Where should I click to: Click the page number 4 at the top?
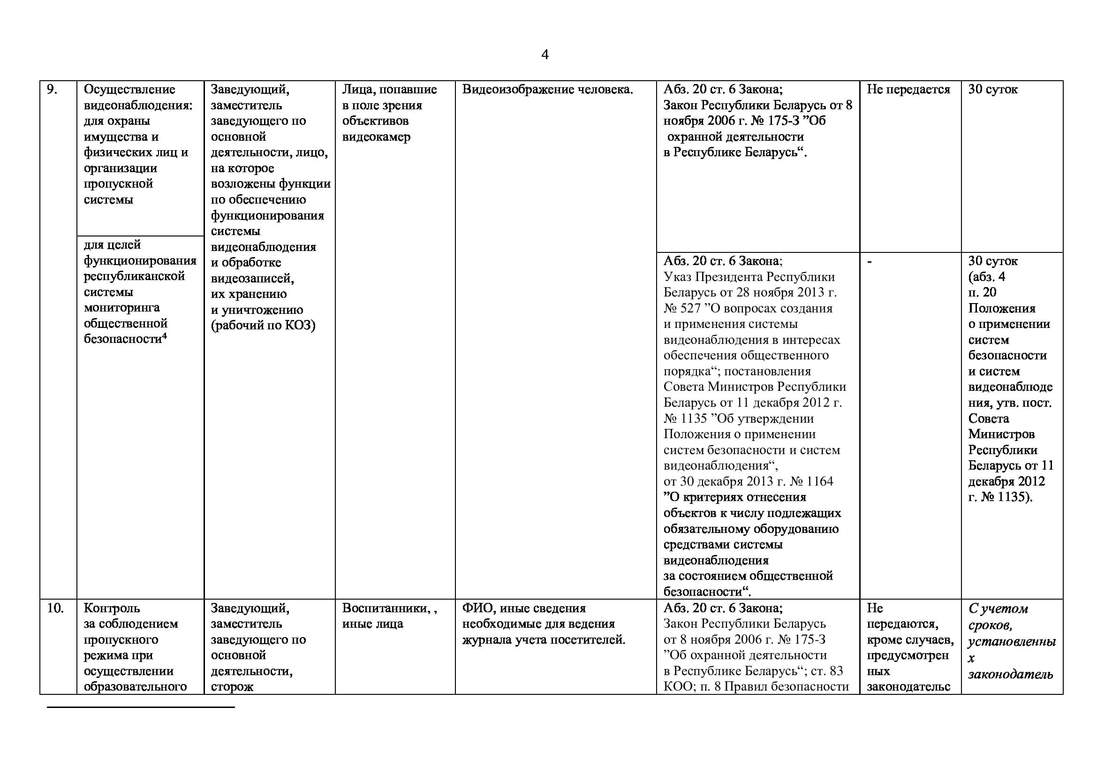point(545,55)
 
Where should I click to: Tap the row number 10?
point(55,609)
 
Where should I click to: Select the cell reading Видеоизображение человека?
point(547,89)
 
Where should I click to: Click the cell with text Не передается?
point(908,89)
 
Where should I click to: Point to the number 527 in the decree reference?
point(690,309)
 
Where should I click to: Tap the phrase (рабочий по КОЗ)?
point(263,326)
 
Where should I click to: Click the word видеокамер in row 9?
point(376,137)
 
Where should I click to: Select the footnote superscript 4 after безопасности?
point(164,336)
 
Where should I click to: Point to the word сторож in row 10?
point(232,687)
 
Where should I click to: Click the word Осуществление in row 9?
point(129,89)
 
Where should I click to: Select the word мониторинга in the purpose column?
point(121,308)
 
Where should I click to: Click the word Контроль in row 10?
point(112,609)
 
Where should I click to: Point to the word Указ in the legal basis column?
point(677,277)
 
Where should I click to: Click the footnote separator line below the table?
point(141,707)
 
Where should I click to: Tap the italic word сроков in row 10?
point(990,625)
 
